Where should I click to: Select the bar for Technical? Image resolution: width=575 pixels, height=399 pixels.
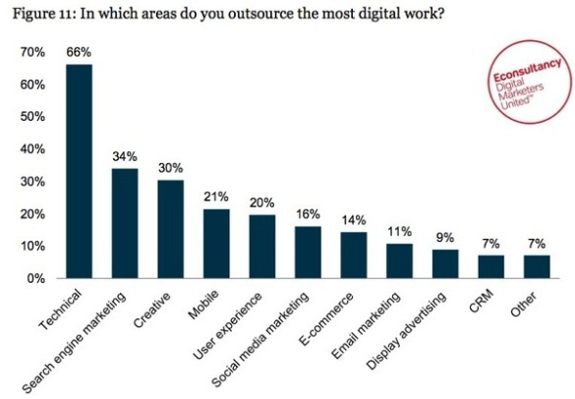[80, 171]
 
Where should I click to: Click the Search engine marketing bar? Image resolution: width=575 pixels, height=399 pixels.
[125, 223]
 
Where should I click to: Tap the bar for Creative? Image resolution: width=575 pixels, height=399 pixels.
[171, 229]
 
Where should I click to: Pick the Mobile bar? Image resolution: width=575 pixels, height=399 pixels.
[216, 244]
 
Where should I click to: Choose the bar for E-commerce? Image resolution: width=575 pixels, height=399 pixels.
[354, 256]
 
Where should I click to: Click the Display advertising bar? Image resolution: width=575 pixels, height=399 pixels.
[445, 264]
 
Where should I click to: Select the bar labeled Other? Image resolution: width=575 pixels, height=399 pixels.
[537, 267]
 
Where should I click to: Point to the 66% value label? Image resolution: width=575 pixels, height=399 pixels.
[79, 52]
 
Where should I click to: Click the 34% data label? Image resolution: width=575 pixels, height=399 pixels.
[125, 156]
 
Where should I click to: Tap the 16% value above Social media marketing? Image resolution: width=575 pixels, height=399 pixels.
[308, 214]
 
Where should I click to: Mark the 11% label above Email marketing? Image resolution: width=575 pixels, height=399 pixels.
[399, 231]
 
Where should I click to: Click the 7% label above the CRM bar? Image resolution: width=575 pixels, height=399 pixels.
[491, 244]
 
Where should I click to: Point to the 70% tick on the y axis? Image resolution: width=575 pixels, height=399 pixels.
[32, 52]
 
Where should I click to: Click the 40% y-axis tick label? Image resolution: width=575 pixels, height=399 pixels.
[32, 149]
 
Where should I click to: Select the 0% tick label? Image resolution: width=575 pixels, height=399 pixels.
[36, 279]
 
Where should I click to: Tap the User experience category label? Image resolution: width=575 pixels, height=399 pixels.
[228, 325]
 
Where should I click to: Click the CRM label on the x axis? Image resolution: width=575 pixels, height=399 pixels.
[481, 301]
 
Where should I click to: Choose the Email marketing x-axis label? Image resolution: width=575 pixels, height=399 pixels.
[366, 325]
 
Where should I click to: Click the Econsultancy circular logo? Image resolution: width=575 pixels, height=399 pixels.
[530, 82]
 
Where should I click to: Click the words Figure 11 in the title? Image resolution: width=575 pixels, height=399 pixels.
[43, 14]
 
